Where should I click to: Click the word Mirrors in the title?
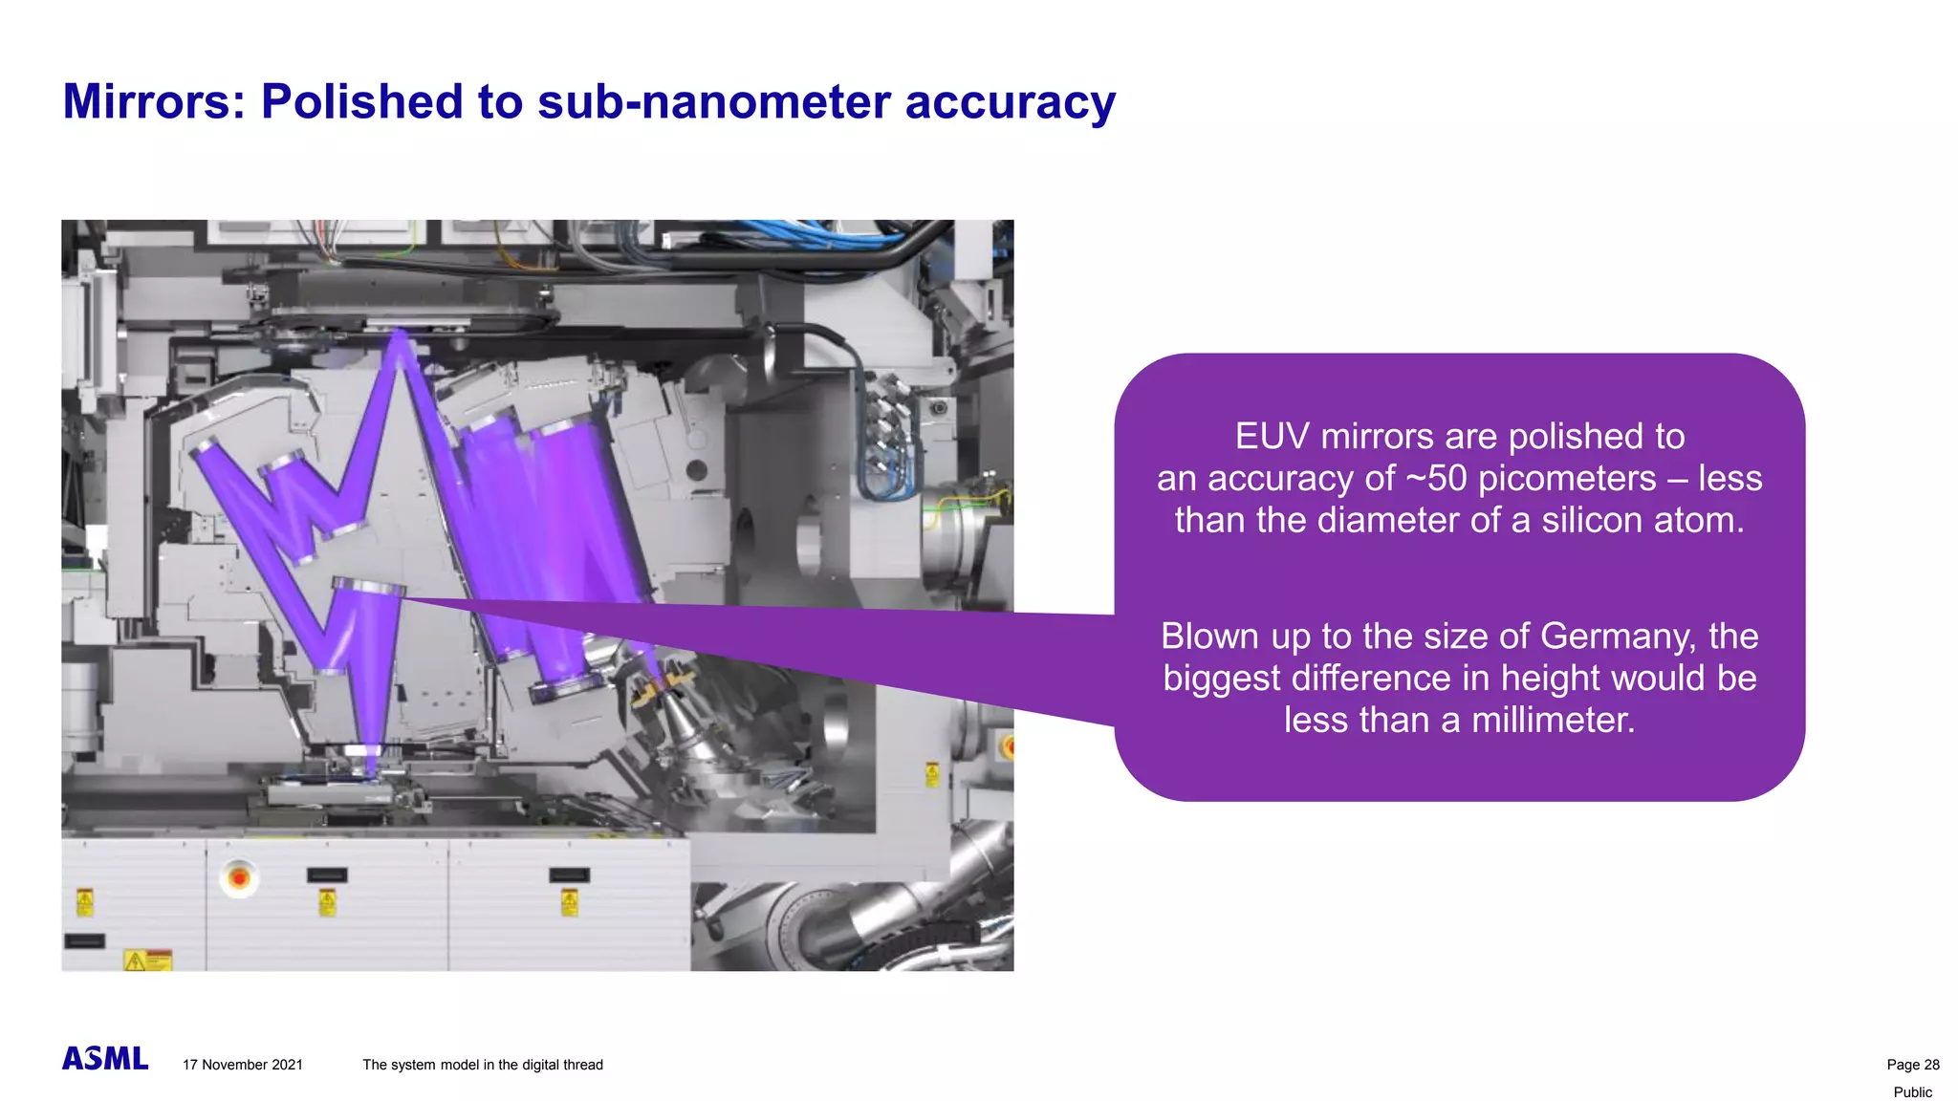point(153,101)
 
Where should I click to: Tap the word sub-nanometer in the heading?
point(713,101)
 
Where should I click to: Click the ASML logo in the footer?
point(105,1058)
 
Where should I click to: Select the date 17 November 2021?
point(243,1065)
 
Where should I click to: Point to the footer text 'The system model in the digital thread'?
point(482,1065)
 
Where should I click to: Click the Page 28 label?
point(1912,1065)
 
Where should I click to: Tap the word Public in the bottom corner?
point(1912,1092)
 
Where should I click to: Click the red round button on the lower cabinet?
point(239,876)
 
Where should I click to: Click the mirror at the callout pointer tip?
point(368,587)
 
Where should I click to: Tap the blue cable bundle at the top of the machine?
point(832,235)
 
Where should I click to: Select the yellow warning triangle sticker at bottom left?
point(136,961)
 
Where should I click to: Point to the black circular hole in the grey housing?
point(697,470)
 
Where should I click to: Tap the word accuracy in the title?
point(1010,101)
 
